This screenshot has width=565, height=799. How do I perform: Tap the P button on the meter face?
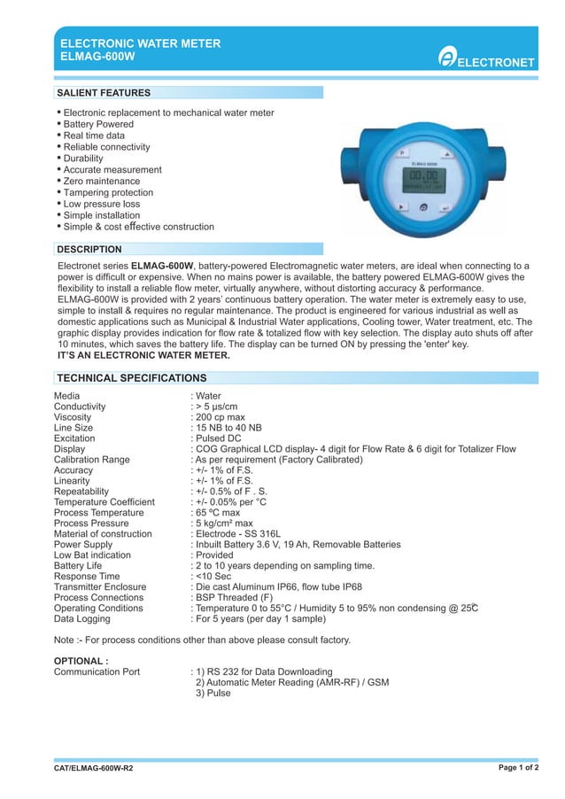pos(401,153)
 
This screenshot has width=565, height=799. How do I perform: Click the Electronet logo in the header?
pos(488,59)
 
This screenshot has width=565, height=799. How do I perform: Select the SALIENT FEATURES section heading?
pos(104,92)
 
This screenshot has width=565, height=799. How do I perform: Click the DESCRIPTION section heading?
pos(89,249)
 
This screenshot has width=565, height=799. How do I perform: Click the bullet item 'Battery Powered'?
pos(98,124)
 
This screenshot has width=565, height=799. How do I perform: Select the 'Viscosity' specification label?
pos(74,416)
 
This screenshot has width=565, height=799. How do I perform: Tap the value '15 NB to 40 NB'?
pos(228,427)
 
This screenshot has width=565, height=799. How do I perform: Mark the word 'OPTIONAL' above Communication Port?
pos(80,661)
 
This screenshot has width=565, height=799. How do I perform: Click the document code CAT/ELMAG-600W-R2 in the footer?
pos(94,767)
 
